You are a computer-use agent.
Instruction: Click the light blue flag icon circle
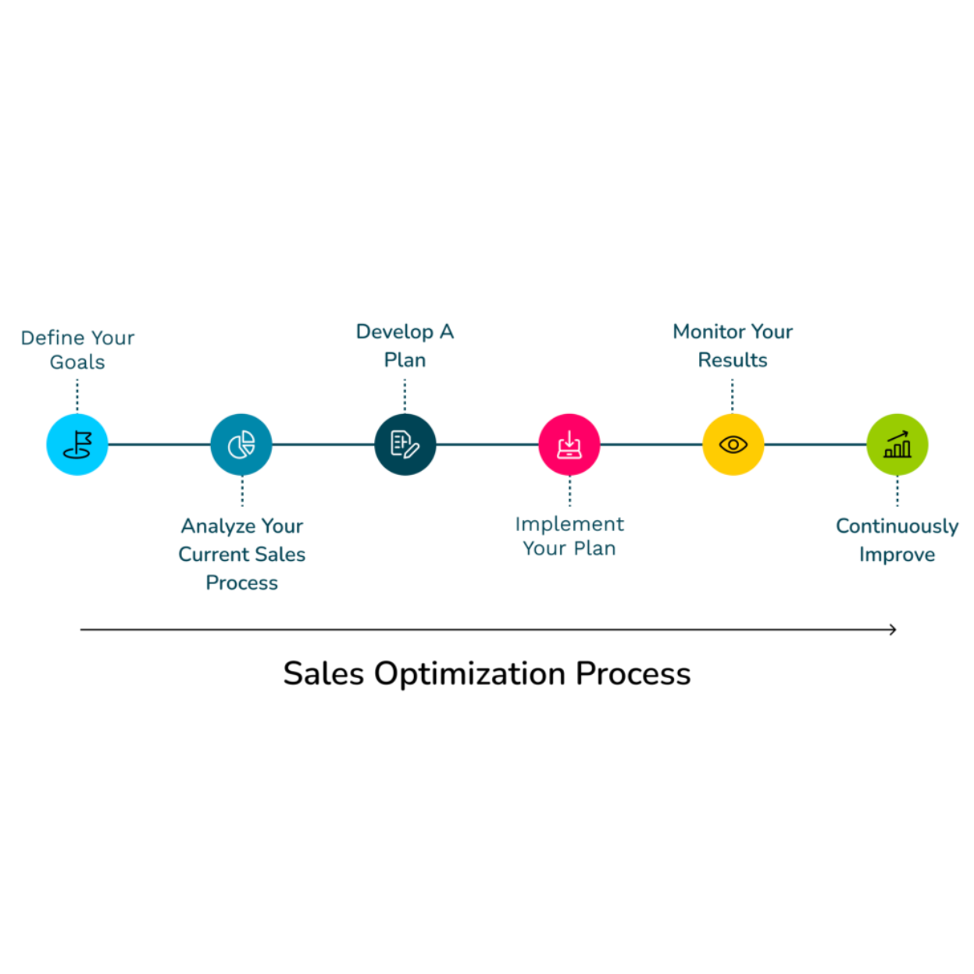click(77, 444)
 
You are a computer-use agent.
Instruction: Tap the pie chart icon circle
click(241, 444)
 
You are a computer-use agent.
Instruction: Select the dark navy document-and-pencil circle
click(405, 444)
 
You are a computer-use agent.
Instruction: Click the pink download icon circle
click(569, 444)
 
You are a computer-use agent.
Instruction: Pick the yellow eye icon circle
click(733, 444)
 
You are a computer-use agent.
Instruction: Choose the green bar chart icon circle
click(897, 444)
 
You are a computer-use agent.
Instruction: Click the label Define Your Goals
click(77, 349)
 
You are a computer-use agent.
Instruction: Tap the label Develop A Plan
click(405, 345)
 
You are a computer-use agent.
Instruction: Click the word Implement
click(569, 524)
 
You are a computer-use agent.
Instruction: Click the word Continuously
click(897, 526)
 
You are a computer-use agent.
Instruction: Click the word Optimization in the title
click(469, 673)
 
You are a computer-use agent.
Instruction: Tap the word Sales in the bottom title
click(323, 673)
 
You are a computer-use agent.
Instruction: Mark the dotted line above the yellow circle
click(733, 395)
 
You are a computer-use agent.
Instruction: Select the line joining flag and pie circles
click(159, 444)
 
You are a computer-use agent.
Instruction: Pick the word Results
click(733, 360)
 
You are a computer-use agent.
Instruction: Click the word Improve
click(897, 555)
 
